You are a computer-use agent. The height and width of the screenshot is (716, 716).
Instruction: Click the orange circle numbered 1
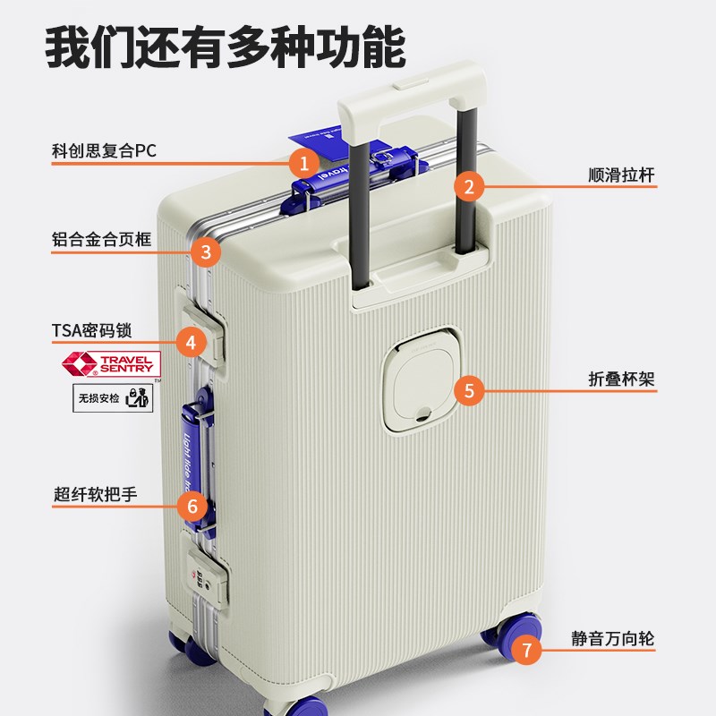click(304, 163)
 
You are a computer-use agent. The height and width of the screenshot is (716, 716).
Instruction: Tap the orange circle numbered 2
click(468, 187)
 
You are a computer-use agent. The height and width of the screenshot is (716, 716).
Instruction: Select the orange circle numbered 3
click(206, 251)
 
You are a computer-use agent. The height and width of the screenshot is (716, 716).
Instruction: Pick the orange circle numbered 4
click(191, 341)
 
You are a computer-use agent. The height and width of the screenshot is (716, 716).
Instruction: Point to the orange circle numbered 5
click(469, 390)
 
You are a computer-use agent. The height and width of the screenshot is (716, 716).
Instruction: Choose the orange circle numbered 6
click(192, 506)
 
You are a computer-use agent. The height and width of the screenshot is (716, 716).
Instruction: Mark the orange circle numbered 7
click(527, 650)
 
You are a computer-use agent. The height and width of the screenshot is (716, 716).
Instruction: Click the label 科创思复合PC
click(104, 149)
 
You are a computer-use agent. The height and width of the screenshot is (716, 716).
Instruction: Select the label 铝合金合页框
click(102, 241)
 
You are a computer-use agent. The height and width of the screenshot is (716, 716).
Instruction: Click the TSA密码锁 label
click(91, 330)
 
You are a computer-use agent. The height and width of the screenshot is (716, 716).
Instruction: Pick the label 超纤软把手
click(95, 494)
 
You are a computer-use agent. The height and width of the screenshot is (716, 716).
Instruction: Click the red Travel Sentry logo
click(110, 363)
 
